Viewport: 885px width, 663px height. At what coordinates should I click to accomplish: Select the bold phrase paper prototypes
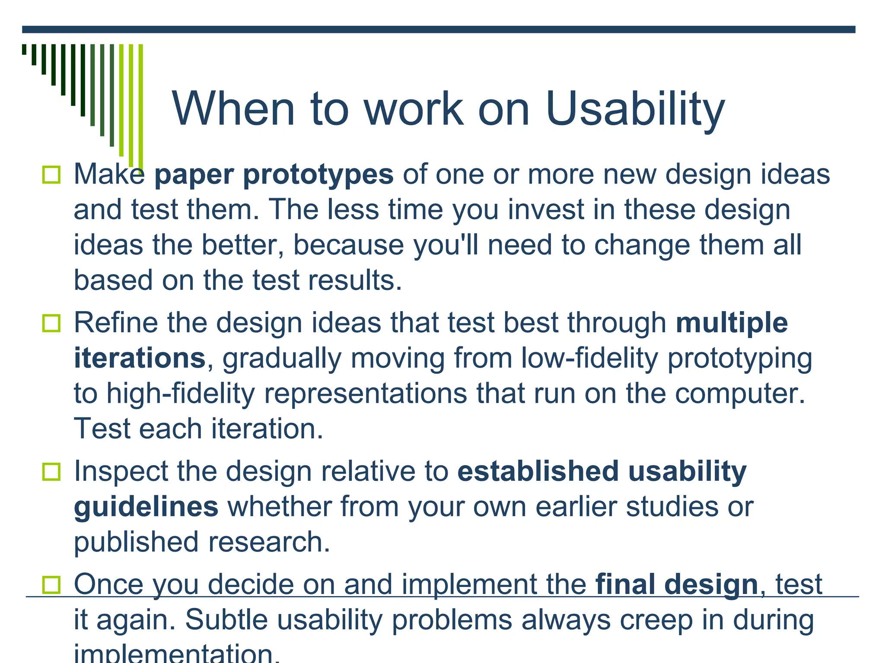[x=274, y=174]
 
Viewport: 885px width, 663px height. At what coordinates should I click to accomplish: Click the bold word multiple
[x=732, y=323]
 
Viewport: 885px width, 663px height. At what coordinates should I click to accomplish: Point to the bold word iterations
[x=139, y=358]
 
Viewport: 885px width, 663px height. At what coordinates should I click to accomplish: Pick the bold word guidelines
[x=146, y=507]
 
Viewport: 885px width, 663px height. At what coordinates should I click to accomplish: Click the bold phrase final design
[x=677, y=584]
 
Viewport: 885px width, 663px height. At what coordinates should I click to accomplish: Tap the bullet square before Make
[x=51, y=175]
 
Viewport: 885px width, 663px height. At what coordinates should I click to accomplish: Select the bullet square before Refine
[x=51, y=323]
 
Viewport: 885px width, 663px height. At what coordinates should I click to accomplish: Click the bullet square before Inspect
[x=51, y=472]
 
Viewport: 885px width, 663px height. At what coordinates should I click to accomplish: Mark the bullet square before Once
[x=51, y=585]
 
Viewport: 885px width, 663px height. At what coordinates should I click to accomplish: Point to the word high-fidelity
[x=181, y=394]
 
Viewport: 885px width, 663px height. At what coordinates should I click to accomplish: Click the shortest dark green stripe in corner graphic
[x=24, y=49]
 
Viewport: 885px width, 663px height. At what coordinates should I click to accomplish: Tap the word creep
[x=656, y=620]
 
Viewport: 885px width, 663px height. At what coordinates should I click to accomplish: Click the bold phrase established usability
[x=602, y=471]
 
